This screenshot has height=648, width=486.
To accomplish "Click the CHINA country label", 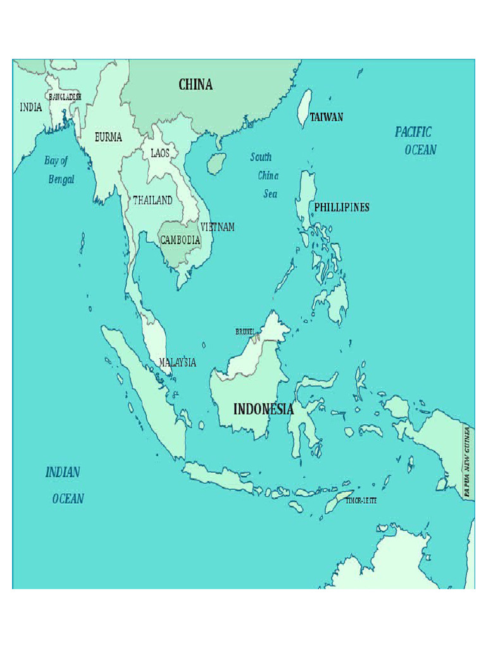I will pyautogui.click(x=196, y=85).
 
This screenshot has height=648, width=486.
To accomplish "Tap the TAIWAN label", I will pyautogui.click(x=327, y=117).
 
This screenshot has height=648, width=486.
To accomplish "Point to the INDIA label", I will pyautogui.click(x=31, y=108).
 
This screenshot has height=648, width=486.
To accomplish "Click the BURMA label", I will pyautogui.click(x=108, y=137).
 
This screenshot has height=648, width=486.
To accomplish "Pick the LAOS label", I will pyautogui.click(x=159, y=153).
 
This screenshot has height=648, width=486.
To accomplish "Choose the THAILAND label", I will pyautogui.click(x=153, y=200).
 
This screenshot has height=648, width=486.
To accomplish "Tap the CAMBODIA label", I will pyautogui.click(x=180, y=240).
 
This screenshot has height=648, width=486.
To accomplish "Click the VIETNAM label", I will pyautogui.click(x=218, y=227).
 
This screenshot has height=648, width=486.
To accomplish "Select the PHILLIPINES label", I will pyautogui.click(x=342, y=208).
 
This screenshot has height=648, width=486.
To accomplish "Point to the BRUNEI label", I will pyautogui.click(x=245, y=332).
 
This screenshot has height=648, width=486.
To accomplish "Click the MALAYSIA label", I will pyautogui.click(x=177, y=363).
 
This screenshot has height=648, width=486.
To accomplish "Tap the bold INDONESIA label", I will pyautogui.click(x=263, y=409).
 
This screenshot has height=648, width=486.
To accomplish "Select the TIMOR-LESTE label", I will pyautogui.click(x=361, y=501).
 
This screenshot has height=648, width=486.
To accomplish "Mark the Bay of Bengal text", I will pyautogui.click(x=59, y=170).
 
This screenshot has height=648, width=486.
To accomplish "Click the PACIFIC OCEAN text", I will pyautogui.click(x=416, y=140).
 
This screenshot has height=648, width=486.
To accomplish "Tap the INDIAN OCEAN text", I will pyautogui.click(x=65, y=485).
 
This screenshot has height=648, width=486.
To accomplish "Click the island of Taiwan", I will pyautogui.click(x=305, y=108).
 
